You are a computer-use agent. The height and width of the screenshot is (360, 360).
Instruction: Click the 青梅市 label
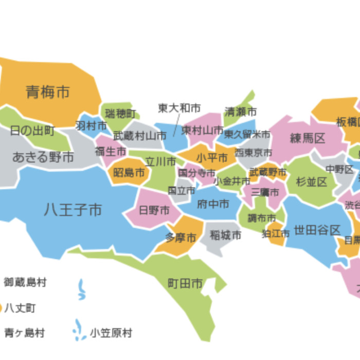point(48,92)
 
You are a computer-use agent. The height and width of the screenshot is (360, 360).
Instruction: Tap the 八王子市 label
point(73,209)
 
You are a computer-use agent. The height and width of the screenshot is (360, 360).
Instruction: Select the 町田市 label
point(185,283)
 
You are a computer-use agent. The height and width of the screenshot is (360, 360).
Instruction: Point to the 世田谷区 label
point(317,230)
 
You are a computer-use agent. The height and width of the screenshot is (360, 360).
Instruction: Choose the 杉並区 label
point(312,182)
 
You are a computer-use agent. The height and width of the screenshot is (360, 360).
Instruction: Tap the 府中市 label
point(213,204)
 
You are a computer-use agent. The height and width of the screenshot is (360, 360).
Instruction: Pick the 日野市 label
point(154,210)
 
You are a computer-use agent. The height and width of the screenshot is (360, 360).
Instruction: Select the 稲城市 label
point(225,236)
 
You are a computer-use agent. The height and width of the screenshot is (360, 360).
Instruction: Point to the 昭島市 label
point(129,173)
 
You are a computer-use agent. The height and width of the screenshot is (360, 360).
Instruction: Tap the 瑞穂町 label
point(120,113)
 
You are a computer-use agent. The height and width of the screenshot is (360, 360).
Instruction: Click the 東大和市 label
point(179,108)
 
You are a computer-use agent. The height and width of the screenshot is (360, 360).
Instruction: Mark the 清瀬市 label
point(241,112)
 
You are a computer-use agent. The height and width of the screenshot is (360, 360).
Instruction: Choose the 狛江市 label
point(276,233)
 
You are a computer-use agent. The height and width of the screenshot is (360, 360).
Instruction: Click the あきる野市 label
point(43,157)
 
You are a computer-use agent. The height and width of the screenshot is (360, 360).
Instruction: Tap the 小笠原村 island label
point(111,333)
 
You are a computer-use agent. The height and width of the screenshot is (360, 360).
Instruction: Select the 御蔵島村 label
point(25,282)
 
